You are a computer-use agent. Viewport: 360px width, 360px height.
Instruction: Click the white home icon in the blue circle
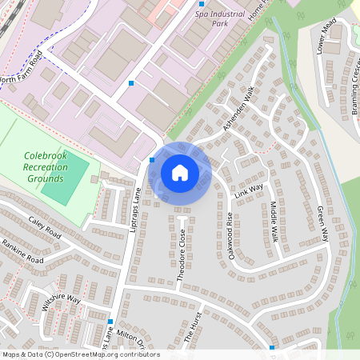180,172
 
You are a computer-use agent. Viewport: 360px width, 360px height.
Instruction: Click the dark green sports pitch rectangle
65,179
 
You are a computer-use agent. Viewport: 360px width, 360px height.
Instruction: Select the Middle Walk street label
274,222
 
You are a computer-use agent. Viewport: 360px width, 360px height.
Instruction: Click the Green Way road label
323,223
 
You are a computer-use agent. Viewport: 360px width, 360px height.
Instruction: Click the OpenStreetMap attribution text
70,354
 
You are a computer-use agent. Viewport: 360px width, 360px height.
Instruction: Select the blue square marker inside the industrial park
131,82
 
